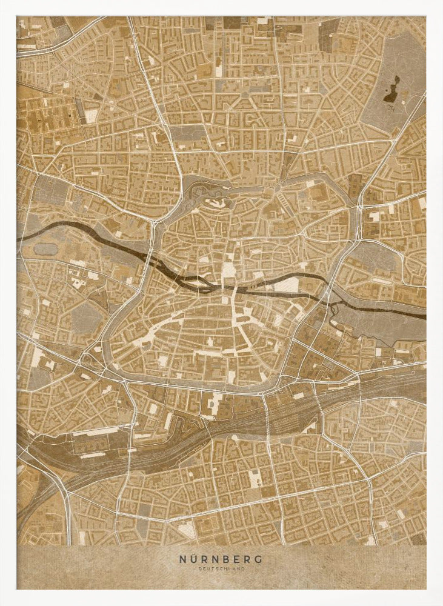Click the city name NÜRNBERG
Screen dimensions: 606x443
221,559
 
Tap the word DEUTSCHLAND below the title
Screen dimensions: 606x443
221,569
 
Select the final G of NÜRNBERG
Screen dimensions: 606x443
260,559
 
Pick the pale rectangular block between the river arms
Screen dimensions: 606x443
287,284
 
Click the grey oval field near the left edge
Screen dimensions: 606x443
45,248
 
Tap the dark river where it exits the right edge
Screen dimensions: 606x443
422,316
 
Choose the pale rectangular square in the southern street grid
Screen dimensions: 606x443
255,478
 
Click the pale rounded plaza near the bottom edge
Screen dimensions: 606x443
188,530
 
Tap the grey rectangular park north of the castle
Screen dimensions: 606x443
185,133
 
